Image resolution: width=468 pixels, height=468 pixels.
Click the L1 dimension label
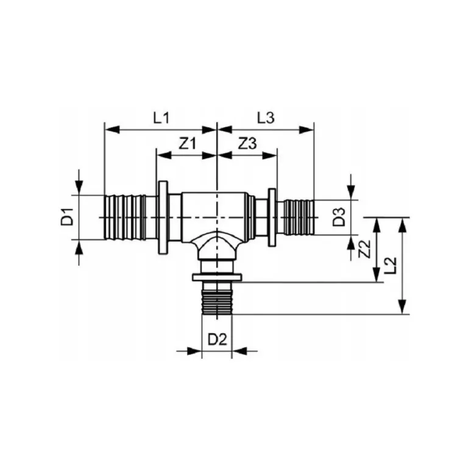point(161,118)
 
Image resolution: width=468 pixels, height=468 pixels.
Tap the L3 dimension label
point(266,118)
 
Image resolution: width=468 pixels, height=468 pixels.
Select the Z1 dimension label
point(188,144)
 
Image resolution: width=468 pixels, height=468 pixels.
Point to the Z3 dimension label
point(247,144)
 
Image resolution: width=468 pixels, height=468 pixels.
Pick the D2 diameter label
point(218,339)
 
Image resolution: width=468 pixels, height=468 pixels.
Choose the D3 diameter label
point(339,217)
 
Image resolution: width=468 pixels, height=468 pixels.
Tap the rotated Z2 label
point(364,249)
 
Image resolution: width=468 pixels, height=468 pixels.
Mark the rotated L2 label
point(391,265)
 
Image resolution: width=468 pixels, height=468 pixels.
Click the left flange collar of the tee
point(163,218)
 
